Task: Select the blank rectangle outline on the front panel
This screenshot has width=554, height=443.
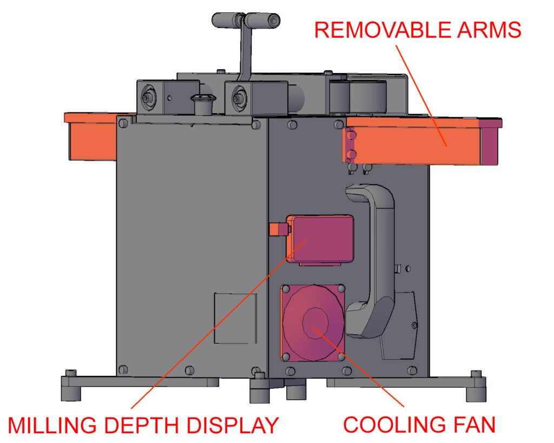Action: (235, 318)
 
